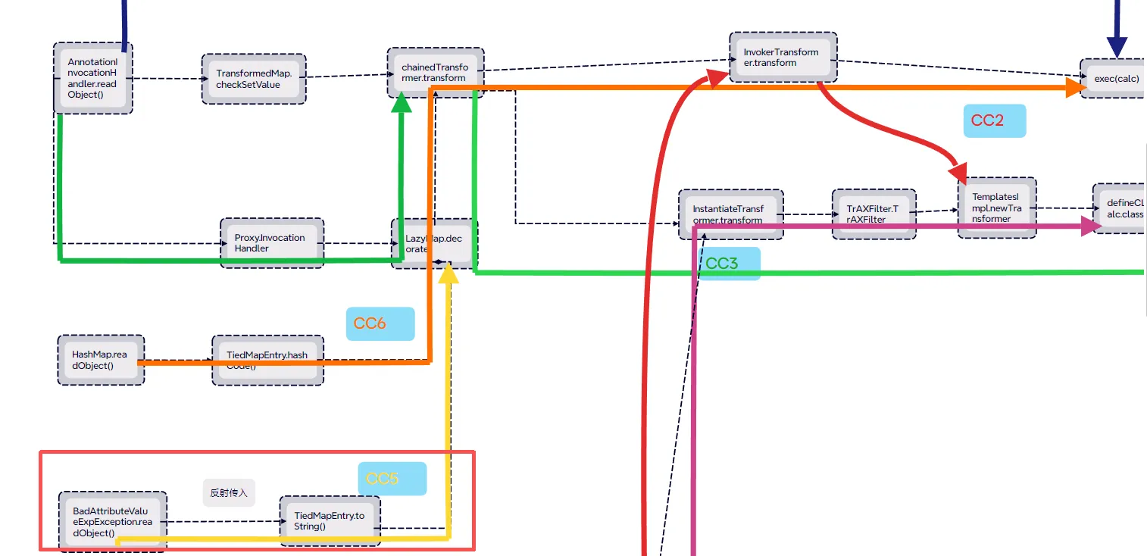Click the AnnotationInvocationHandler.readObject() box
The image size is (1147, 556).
[x=93, y=78]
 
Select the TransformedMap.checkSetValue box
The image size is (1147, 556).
[x=254, y=79]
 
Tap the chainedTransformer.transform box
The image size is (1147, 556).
[x=435, y=72]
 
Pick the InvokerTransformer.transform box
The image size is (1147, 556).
[x=783, y=58]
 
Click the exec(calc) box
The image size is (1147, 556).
[x=1114, y=79]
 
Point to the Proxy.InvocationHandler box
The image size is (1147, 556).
[x=272, y=243]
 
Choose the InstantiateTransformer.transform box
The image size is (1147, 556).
[x=730, y=214]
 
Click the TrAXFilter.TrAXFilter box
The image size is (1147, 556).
[x=874, y=214]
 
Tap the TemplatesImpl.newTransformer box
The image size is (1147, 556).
[x=996, y=208]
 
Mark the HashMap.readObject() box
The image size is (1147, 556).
[x=101, y=360]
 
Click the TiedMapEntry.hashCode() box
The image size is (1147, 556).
[x=267, y=360]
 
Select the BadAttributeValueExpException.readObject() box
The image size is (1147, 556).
[x=112, y=521]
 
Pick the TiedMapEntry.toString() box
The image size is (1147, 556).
[x=330, y=521]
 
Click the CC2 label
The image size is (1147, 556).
[x=994, y=120]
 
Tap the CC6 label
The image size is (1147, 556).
[x=380, y=323]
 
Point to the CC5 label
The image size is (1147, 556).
[x=392, y=479]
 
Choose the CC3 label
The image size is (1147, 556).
[x=728, y=264]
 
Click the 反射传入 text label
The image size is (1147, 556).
[x=229, y=492]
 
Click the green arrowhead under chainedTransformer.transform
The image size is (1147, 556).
[x=402, y=104]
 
